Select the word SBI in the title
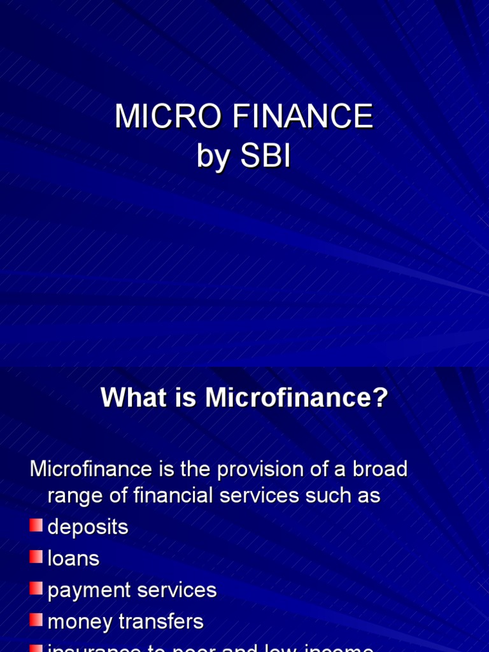[x=266, y=157]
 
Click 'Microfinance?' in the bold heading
[x=297, y=399]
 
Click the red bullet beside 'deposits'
[x=36, y=526]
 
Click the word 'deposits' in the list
[x=88, y=527]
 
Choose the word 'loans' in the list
[x=74, y=558]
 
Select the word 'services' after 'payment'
[x=176, y=590]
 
